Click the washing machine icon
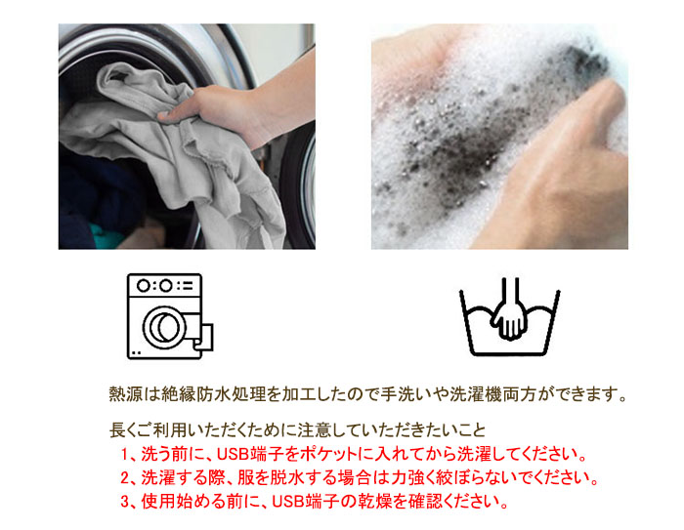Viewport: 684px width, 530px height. (x=170, y=316)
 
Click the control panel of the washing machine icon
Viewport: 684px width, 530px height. (x=164, y=286)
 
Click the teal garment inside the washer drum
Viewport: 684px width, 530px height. (x=106, y=236)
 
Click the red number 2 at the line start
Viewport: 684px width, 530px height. (x=125, y=478)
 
